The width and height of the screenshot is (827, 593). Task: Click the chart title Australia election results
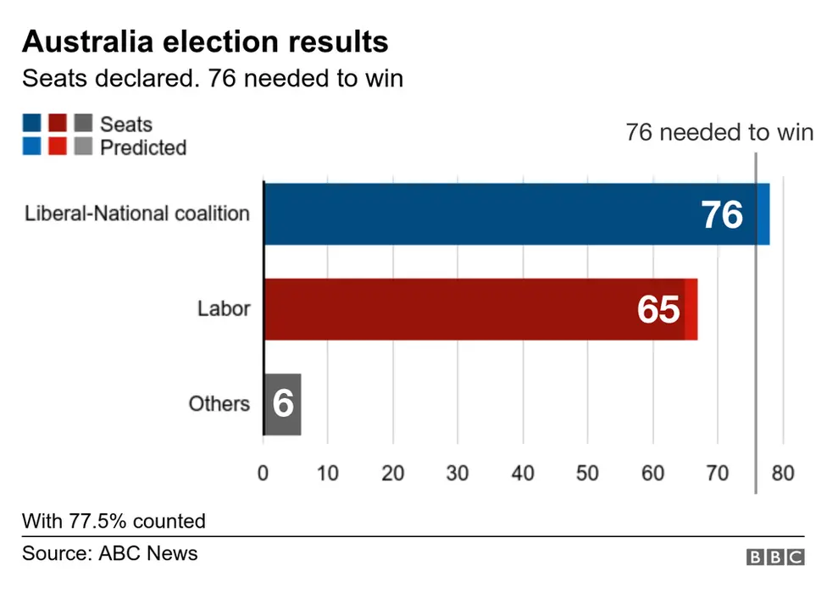pyautogui.click(x=205, y=42)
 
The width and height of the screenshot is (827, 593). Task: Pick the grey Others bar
pyautogui.click(x=282, y=404)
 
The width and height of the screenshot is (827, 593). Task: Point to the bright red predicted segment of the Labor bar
pyautogui.click(x=691, y=309)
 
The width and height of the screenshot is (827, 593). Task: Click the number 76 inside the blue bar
pyautogui.click(x=722, y=215)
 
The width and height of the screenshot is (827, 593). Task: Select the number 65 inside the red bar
pyautogui.click(x=658, y=311)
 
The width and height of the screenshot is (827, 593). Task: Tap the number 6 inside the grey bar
pyautogui.click(x=283, y=405)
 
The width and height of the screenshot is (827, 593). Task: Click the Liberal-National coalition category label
pyautogui.click(x=137, y=213)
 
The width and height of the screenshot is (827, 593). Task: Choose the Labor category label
pyautogui.click(x=224, y=308)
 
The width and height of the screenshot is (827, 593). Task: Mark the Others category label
pyautogui.click(x=219, y=403)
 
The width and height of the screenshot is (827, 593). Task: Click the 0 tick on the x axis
pyautogui.click(x=263, y=473)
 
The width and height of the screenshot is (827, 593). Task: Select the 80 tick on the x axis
pyautogui.click(x=783, y=473)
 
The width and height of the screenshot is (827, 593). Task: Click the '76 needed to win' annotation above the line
pyautogui.click(x=719, y=133)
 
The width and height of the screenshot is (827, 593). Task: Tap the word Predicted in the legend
pyautogui.click(x=143, y=147)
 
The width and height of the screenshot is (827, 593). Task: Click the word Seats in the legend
pyautogui.click(x=126, y=125)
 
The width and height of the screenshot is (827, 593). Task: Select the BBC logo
pyautogui.click(x=774, y=557)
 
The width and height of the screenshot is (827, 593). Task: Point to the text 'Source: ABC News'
pyautogui.click(x=110, y=554)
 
